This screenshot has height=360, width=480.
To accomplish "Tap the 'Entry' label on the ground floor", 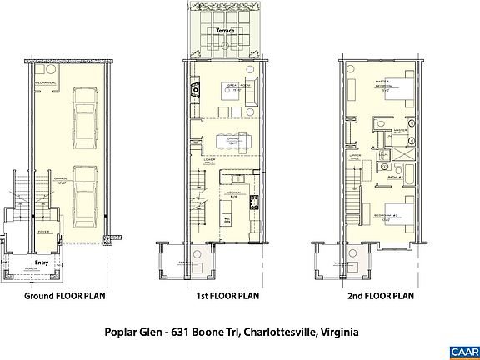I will tap(42, 262).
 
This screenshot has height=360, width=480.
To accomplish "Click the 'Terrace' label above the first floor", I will tap(224, 30).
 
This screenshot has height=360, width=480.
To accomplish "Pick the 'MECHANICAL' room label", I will tap(45, 84).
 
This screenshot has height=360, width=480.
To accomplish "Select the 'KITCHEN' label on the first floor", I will tap(234, 192).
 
